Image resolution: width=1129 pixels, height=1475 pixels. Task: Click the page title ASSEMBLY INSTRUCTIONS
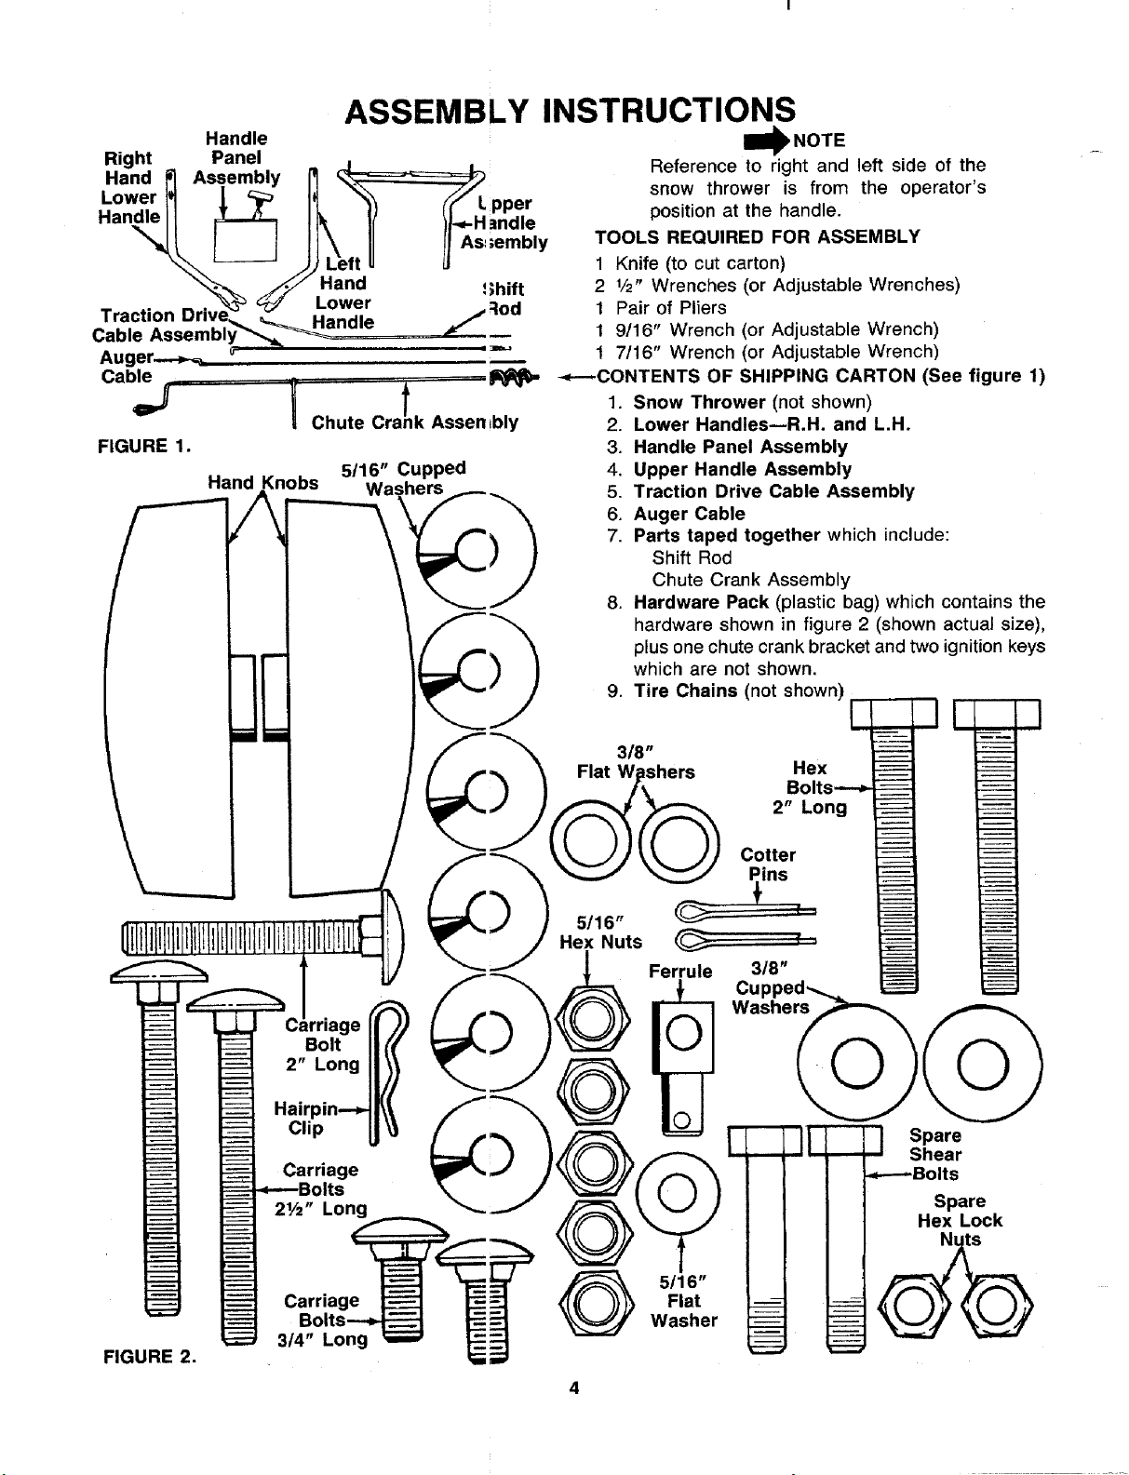(x=570, y=111)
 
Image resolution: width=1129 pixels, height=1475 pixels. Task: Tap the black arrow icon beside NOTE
(x=767, y=141)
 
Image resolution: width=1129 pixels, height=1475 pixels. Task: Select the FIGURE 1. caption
(x=144, y=446)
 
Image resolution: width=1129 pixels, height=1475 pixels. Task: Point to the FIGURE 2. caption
(x=149, y=1357)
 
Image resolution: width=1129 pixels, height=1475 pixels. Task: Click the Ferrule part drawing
(x=683, y=1067)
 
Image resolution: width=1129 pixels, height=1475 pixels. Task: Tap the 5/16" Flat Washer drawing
(x=679, y=1193)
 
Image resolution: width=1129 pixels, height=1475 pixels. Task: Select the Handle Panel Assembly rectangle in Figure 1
(x=246, y=239)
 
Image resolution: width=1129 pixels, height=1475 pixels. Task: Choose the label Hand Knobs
(x=262, y=482)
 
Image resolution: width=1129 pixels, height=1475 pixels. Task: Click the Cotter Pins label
(x=768, y=865)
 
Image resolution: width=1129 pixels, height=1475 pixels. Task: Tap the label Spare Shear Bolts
(x=934, y=1155)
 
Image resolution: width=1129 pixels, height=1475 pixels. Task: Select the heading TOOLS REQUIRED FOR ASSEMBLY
(x=758, y=236)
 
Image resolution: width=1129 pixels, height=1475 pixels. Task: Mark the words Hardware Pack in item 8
(x=701, y=602)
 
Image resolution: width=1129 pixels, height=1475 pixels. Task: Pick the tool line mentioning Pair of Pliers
(x=661, y=308)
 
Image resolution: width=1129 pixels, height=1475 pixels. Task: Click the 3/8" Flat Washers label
(x=636, y=761)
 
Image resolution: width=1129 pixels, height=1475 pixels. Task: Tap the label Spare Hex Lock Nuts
(x=960, y=1220)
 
